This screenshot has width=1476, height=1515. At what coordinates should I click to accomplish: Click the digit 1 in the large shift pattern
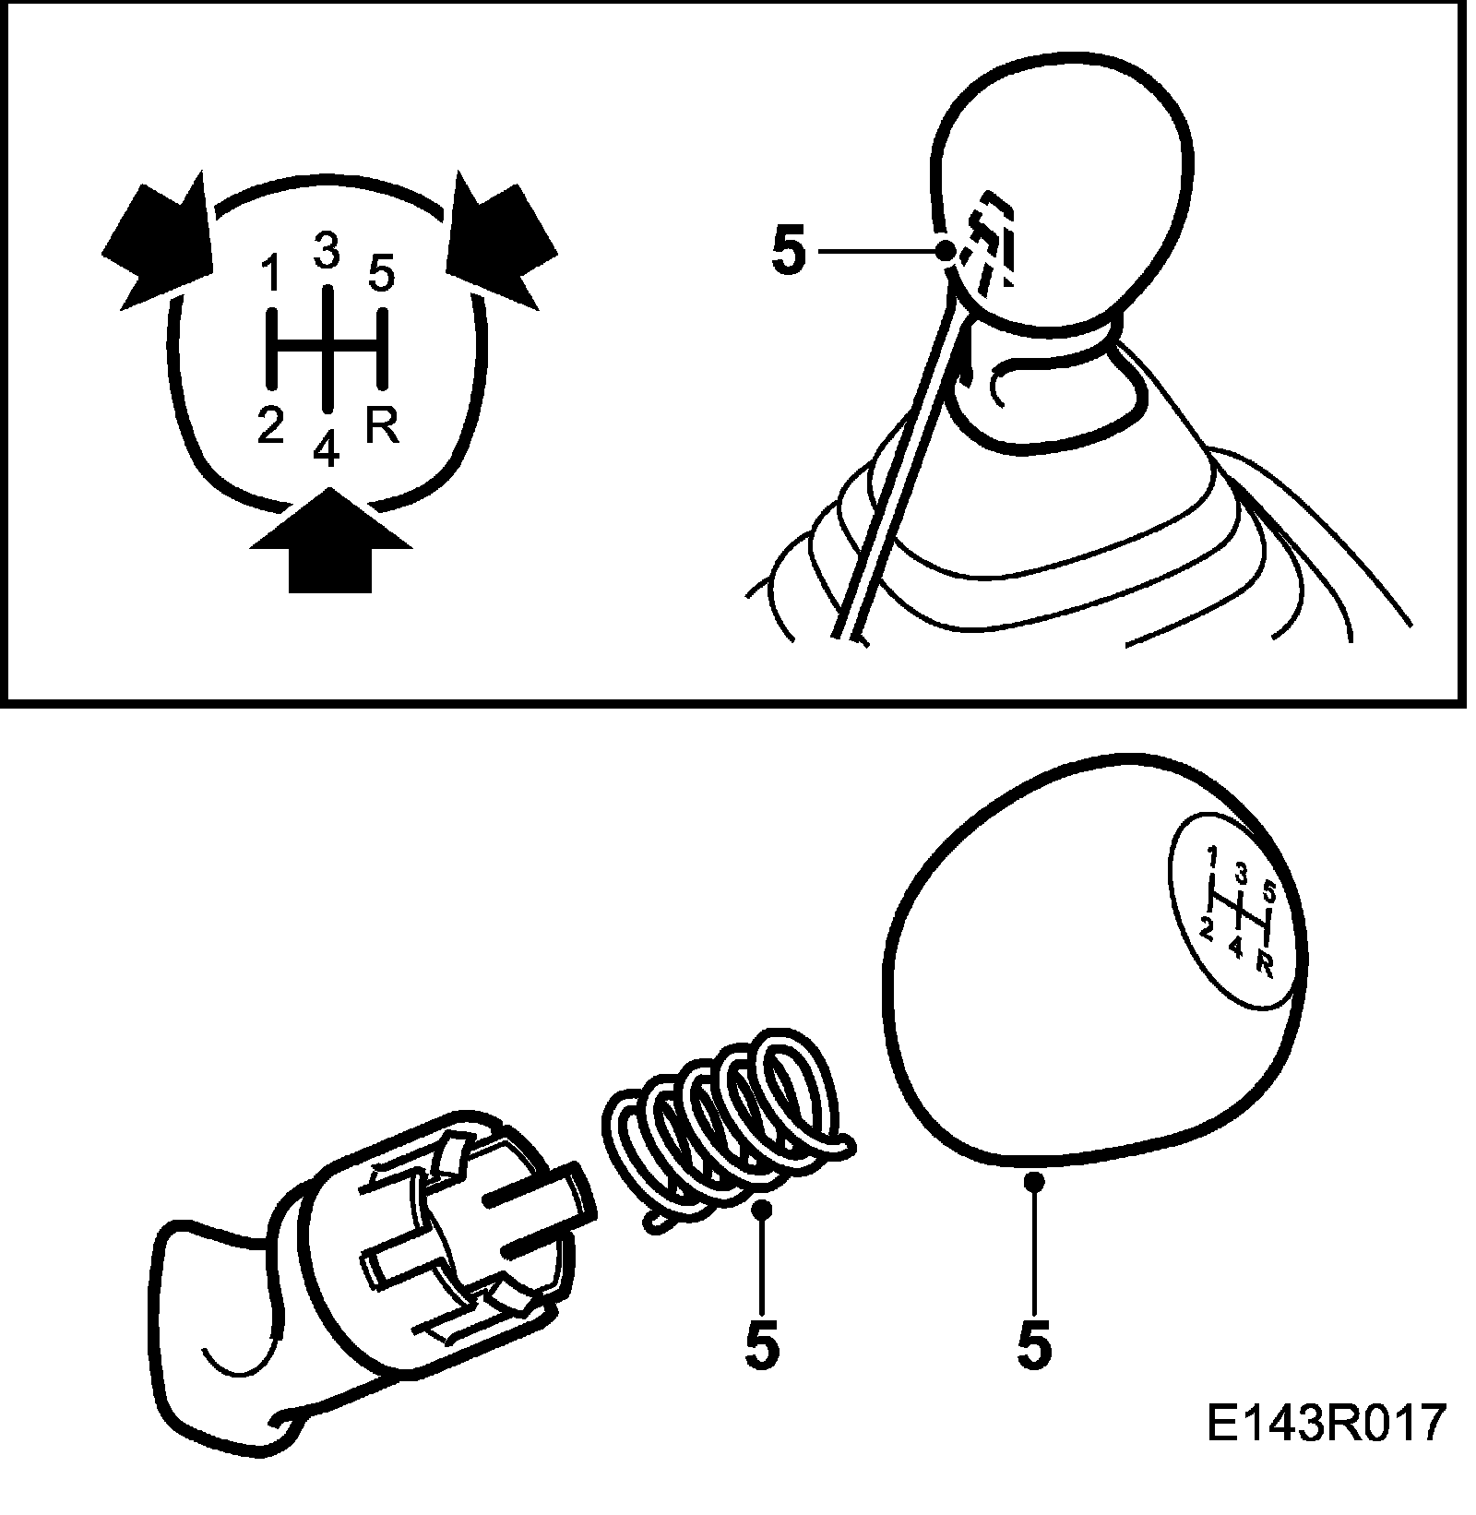[270, 274]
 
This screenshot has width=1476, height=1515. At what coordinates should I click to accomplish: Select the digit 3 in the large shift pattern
[327, 250]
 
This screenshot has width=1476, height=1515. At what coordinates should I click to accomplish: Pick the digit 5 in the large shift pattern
[381, 274]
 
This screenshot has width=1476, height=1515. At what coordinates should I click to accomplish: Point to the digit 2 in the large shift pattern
[270, 426]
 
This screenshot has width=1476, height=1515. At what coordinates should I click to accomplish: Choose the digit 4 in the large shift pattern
[327, 449]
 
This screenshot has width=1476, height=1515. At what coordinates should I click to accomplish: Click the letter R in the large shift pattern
[382, 426]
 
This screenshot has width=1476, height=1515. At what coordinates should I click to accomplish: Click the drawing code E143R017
[1324, 1449]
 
